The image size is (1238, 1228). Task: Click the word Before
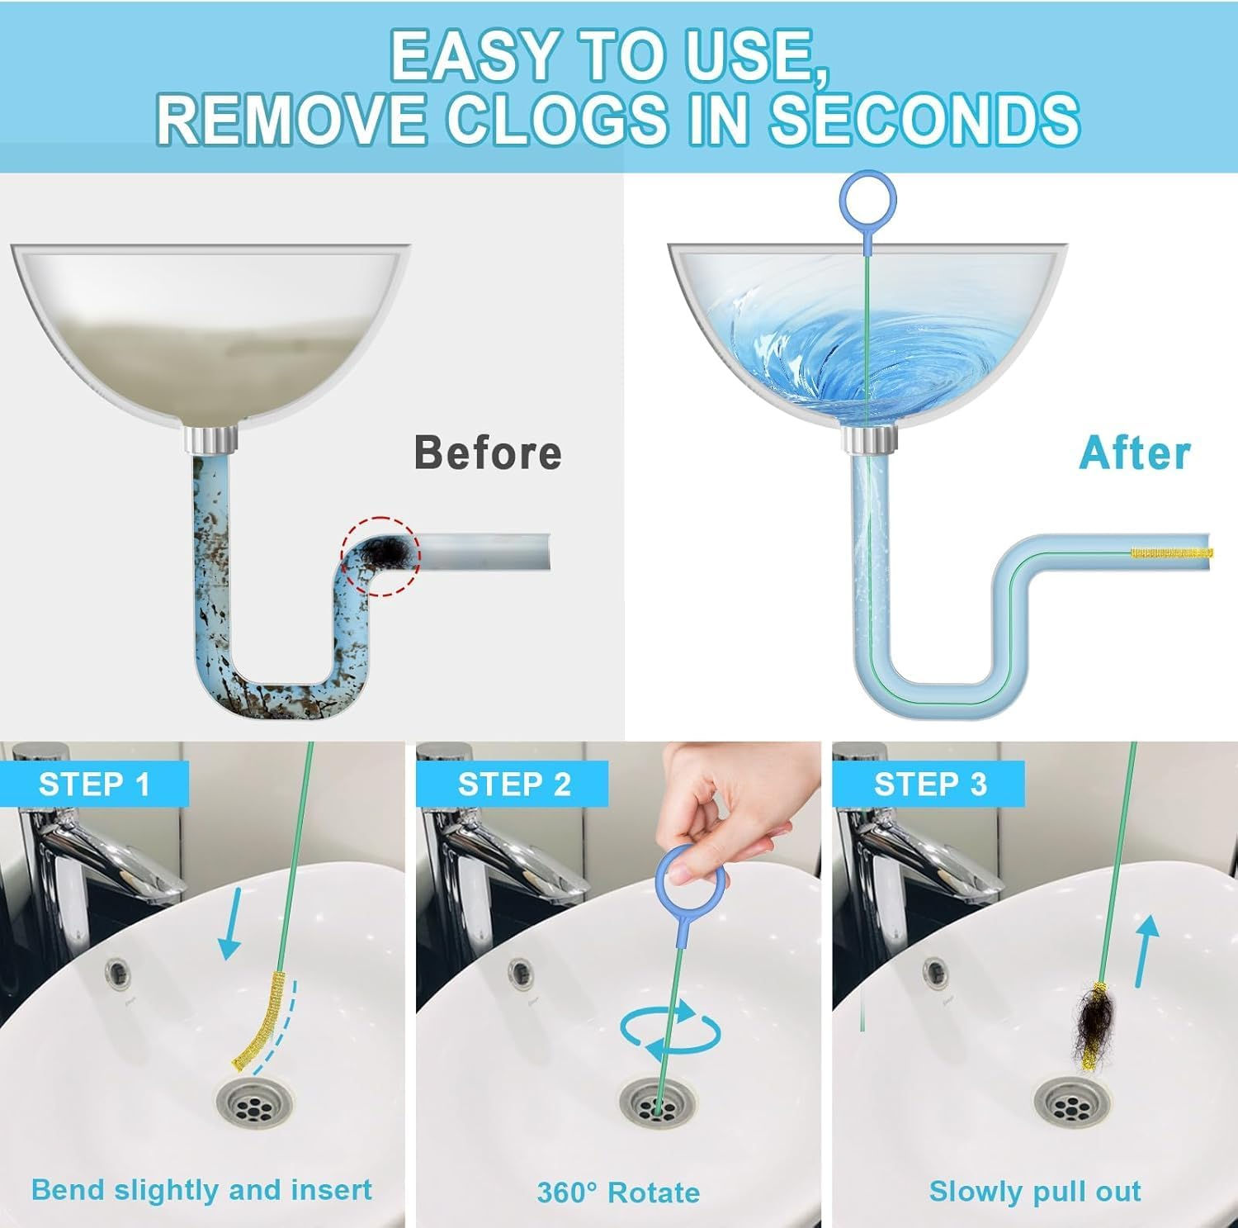point(488,453)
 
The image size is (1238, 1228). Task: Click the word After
point(1135,453)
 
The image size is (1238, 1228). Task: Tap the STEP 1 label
point(94,784)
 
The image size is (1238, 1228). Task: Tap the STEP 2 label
point(514,784)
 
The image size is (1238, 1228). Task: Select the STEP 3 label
point(930,784)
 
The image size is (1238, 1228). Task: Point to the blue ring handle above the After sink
point(867,198)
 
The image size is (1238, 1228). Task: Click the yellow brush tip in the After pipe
point(1170,552)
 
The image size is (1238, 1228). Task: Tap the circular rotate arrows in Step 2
point(670,1032)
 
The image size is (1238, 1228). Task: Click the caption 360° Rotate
point(618,1192)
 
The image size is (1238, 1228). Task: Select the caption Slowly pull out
point(1035,1191)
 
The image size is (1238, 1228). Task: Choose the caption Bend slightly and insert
point(201,1190)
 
